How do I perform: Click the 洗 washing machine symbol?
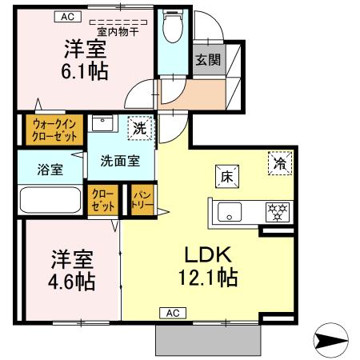(x=139, y=127)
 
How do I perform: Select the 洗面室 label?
(x=120, y=159)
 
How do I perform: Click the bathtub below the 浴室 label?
(x=50, y=200)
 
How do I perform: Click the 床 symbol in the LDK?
(x=222, y=177)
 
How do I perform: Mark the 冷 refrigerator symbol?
(x=280, y=162)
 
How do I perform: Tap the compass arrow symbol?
(x=330, y=342)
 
